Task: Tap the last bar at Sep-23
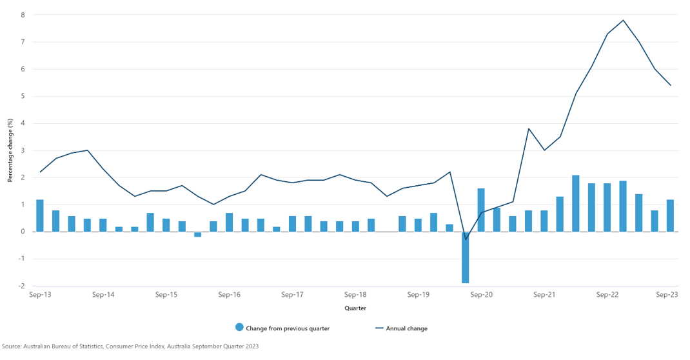point(670,215)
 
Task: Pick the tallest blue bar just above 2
point(575,203)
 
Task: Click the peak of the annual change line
point(623,20)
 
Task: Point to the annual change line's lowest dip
point(466,239)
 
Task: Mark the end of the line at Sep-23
point(671,85)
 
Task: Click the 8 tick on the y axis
point(23,15)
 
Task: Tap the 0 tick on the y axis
point(23,232)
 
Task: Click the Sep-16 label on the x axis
point(229,295)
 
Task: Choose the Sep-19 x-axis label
point(418,295)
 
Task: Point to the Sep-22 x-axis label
point(607,295)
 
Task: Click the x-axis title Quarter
point(355,308)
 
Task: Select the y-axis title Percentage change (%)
point(10,150)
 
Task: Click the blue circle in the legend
point(240,328)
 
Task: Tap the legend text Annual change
point(406,328)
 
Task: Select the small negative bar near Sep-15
point(197,234)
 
